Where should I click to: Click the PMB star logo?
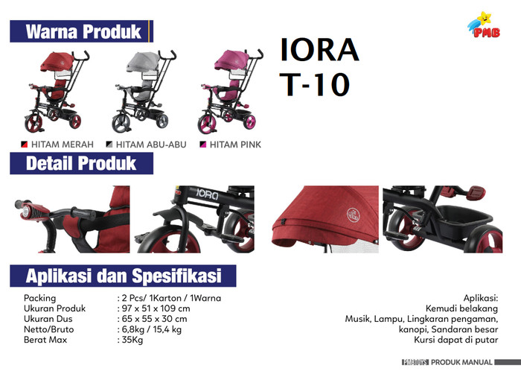click(484, 25)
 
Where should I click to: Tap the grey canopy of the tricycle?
click(143, 62)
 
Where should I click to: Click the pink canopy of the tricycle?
click(231, 60)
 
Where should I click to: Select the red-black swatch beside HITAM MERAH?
click(25, 145)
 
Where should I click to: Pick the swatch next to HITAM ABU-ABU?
click(109, 145)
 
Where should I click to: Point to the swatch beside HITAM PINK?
click(203, 145)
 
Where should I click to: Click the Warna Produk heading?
click(83, 31)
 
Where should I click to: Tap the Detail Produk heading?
click(81, 163)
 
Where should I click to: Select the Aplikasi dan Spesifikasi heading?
click(124, 276)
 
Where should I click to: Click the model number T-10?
click(315, 84)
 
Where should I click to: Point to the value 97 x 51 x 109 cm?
click(156, 308)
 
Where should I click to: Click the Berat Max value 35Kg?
click(132, 340)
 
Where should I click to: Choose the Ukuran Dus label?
click(48, 319)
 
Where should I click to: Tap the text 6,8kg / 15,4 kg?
click(152, 329)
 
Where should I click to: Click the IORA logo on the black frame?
click(207, 194)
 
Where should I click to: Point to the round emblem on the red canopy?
click(354, 215)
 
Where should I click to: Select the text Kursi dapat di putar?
click(456, 340)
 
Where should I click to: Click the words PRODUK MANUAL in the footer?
click(461, 362)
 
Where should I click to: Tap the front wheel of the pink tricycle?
click(207, 124)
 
